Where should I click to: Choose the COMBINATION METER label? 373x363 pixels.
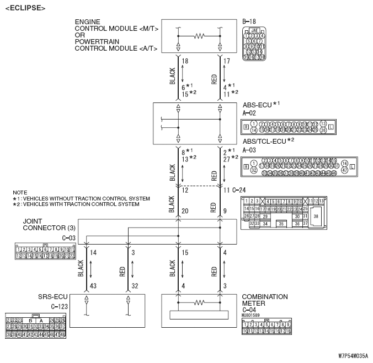(265, 300)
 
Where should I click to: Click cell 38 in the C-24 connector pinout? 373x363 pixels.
(316, 217)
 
